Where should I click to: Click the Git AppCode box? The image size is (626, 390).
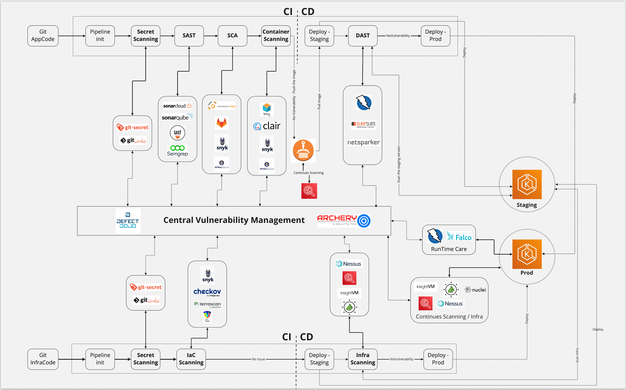[x=43, y=36]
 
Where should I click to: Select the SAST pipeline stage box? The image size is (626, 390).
[x=189, y=36]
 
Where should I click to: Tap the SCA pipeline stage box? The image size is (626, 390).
[x=232, y=36]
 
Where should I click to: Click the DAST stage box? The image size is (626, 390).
[x=363, y=36]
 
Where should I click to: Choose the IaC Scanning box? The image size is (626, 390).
[x=191, y=359]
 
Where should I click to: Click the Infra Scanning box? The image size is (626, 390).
[x=363, y=359]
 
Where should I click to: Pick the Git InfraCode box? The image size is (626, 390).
[x=43, y=359]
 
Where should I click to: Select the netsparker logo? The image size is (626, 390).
[x=363, y=142]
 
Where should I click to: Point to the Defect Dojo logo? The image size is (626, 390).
[x=128, y=220]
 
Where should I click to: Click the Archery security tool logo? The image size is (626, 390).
[x=343, y=220]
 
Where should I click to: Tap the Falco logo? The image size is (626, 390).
[x=459, y=237]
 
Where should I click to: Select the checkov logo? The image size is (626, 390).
[x=207, y=292]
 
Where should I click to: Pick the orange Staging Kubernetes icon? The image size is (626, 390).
[x=527, y=184]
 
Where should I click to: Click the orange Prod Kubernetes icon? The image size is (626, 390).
[x=527, y=254]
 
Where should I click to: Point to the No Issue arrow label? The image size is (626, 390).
[x=258, y=359]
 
